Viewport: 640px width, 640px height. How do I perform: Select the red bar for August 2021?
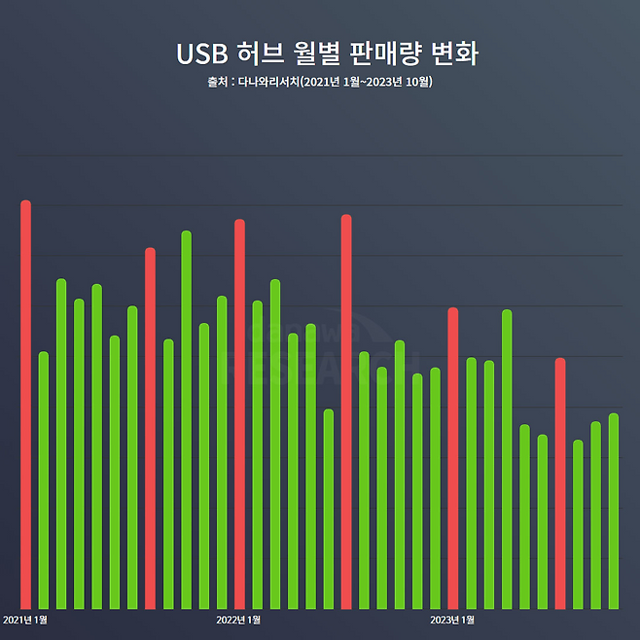tap(151, 428)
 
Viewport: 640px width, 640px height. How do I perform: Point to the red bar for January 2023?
tap(453, 458)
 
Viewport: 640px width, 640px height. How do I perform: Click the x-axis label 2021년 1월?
tap(25, 620)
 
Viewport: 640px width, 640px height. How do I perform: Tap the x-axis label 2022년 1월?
tap(238, 620)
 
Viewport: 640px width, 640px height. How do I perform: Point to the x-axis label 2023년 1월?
tap(452, 620)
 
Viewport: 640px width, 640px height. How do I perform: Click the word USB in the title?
tap(200, 53)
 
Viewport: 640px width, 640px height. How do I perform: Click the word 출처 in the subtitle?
tap(216, 82)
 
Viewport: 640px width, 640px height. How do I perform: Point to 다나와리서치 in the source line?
tap(268, 82)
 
